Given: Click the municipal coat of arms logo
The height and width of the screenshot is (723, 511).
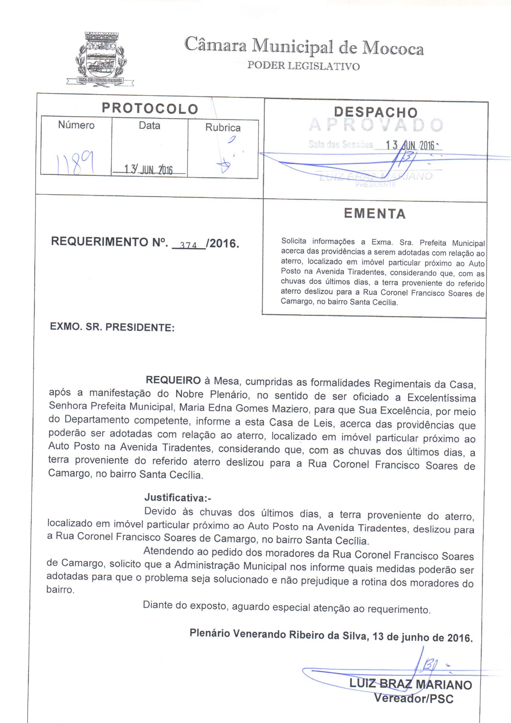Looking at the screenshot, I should [x=100, y=59].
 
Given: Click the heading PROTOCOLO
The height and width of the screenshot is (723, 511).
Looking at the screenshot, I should [x=150, y=108].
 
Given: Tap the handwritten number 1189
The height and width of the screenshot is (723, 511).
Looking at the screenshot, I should [x=76, y=163].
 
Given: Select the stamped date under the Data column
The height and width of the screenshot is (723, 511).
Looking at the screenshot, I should [x=149, y=170].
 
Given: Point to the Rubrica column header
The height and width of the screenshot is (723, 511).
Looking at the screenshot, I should [x=223, y=127].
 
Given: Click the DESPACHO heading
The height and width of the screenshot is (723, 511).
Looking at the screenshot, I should [x=376, y=112].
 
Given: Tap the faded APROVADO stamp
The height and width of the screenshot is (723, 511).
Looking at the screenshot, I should [x=376, y=125].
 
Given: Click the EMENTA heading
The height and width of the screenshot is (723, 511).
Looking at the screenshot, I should [x=375, y=213].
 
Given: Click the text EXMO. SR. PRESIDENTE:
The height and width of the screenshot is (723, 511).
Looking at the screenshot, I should [x=112, y=327].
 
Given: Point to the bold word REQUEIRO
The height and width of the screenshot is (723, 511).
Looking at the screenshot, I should [x=173, y=380].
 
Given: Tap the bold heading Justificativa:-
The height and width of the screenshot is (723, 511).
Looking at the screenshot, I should [x=177, y=498].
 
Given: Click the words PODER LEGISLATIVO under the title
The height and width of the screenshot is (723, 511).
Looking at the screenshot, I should [x=303, y=66].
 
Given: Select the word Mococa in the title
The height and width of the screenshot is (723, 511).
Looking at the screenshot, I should [x=393, y=49].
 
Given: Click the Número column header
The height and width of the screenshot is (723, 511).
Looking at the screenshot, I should [x=76, y=125].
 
